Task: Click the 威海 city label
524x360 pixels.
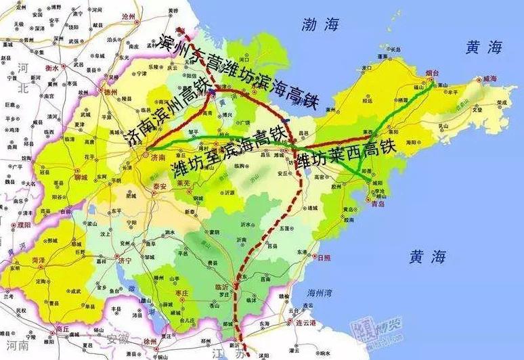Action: coord(489,80)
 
